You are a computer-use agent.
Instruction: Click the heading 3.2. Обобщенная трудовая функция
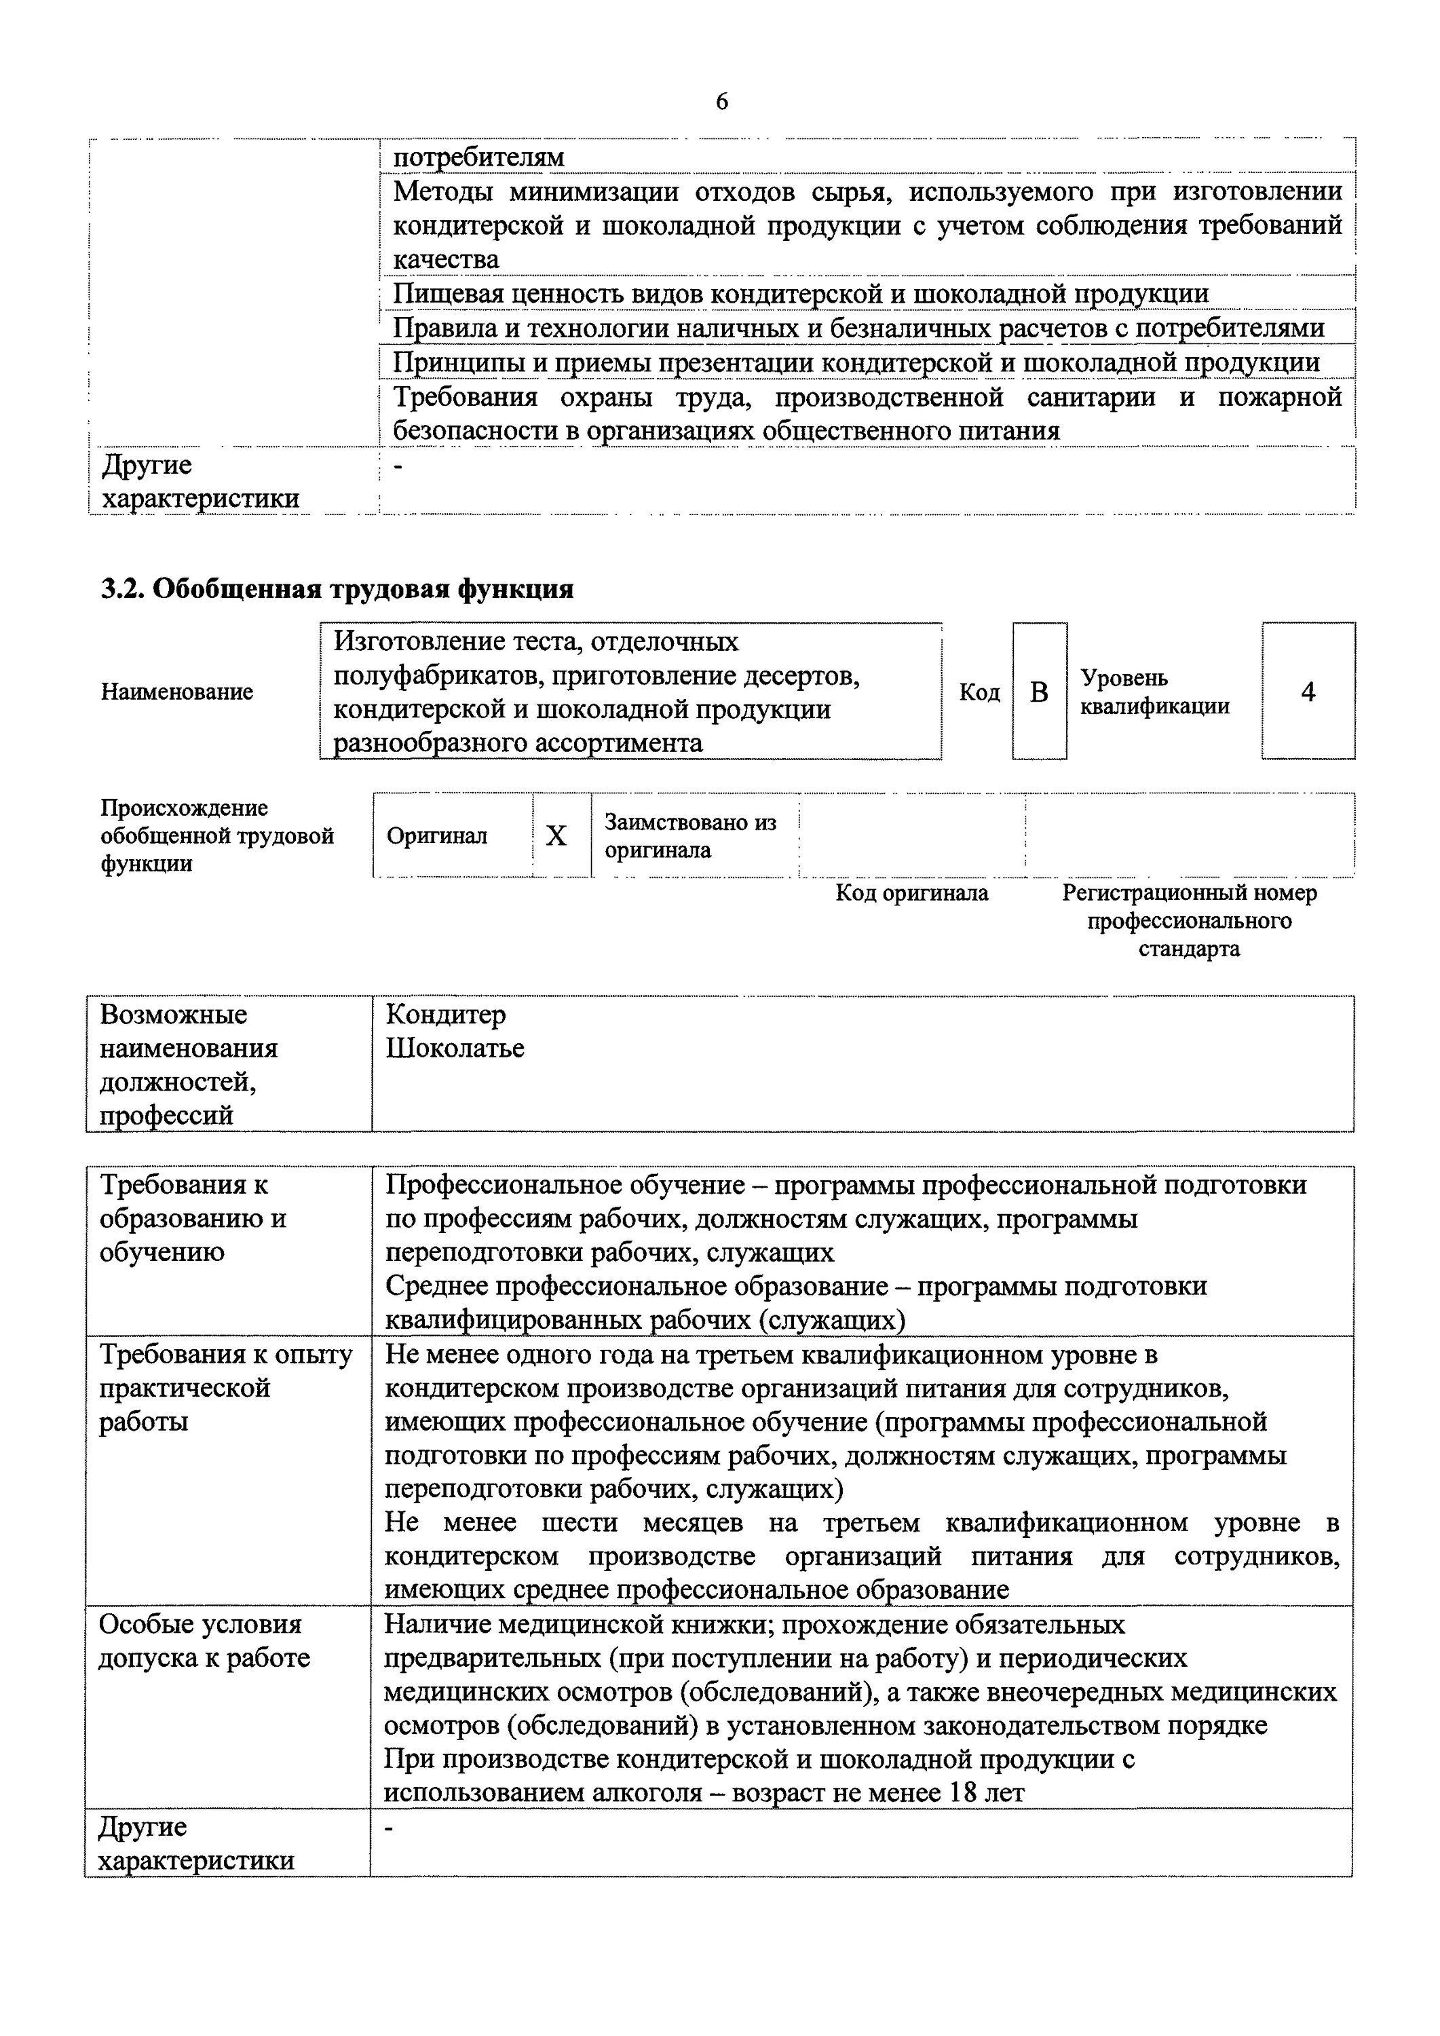pos(337,589)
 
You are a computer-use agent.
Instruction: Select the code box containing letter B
pos(1039,692)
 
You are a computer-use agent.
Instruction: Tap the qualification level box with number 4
pos(1308,692)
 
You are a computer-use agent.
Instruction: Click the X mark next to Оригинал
pos(556,835)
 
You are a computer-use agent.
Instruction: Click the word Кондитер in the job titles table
pos(445,1015)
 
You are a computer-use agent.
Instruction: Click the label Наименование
pos(176,692)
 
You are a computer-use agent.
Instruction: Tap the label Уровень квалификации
pos(1154,692)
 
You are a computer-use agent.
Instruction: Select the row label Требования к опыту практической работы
pos(225,1388)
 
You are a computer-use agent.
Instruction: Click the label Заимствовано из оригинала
pos(690,835)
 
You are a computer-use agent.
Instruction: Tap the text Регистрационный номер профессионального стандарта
pos(1189,920)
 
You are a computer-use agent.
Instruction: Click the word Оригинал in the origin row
pos(436,835)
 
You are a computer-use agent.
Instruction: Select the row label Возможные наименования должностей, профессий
pos(189,1064)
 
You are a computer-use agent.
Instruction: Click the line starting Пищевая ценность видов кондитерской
pos(800,293)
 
